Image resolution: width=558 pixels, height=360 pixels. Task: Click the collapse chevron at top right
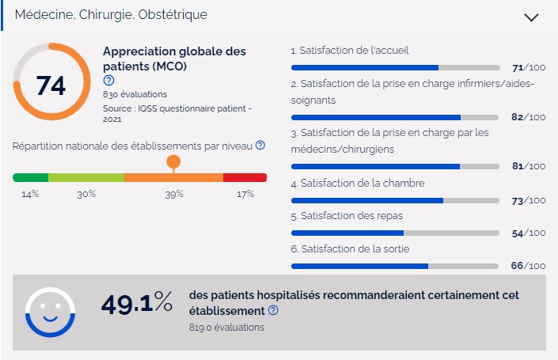point(531,17)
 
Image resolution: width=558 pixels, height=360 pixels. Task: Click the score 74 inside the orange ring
point(51,84)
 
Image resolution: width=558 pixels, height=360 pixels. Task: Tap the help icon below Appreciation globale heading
point(108,81)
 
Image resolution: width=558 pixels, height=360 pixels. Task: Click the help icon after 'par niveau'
point(260,146)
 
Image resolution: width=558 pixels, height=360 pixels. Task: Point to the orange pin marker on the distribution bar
point(173,163)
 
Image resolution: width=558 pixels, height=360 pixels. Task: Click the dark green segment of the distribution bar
point(30,177)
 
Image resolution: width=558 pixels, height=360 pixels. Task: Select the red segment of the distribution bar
point(245,177)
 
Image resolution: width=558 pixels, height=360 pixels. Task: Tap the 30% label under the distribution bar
point(86,194)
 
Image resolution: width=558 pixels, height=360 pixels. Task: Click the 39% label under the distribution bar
point(174,194)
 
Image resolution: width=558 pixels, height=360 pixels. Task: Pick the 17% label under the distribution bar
point(245,194)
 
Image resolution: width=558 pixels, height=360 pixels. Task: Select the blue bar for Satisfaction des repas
point(347,233)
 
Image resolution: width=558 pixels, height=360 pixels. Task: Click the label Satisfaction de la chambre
point(358,184)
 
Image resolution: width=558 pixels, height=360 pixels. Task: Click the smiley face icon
point(50,312)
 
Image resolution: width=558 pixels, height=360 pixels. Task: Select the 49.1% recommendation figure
point(137,303)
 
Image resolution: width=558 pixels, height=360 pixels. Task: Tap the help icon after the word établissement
point(273,310)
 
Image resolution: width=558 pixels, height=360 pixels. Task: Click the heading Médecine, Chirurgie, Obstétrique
point(112,15)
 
